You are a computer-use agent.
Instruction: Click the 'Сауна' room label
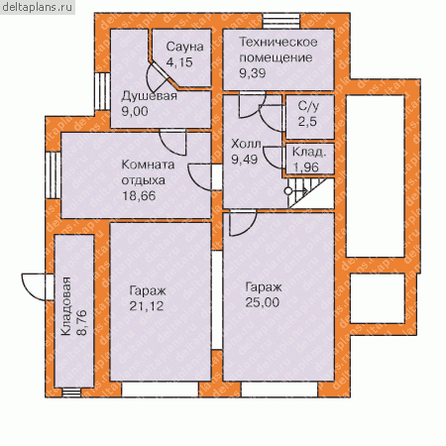pos(184,47)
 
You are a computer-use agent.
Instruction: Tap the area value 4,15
pos(179,62)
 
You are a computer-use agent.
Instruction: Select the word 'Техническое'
pos(279,42)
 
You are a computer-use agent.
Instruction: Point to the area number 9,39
pos(253,73)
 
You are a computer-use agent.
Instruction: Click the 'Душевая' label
pos(150,96)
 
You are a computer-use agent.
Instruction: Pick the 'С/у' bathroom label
pos(308,106)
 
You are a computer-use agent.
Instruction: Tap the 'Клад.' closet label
pos(309,152)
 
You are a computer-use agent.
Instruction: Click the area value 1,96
pos(306,167)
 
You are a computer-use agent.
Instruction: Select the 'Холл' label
pos(246,144)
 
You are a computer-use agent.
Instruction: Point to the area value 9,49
pos(245,160)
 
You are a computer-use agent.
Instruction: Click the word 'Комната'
pos(148,165)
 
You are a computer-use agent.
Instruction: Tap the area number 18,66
pos(139,196)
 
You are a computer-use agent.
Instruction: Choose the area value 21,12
pos(147,306)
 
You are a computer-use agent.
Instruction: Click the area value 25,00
pos(263,302)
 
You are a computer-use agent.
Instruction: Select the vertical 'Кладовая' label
pos(65,306)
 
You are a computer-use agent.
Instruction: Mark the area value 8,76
pos(81,322)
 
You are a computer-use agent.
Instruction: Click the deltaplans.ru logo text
pos(37,7)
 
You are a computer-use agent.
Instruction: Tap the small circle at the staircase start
pos(288,191)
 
